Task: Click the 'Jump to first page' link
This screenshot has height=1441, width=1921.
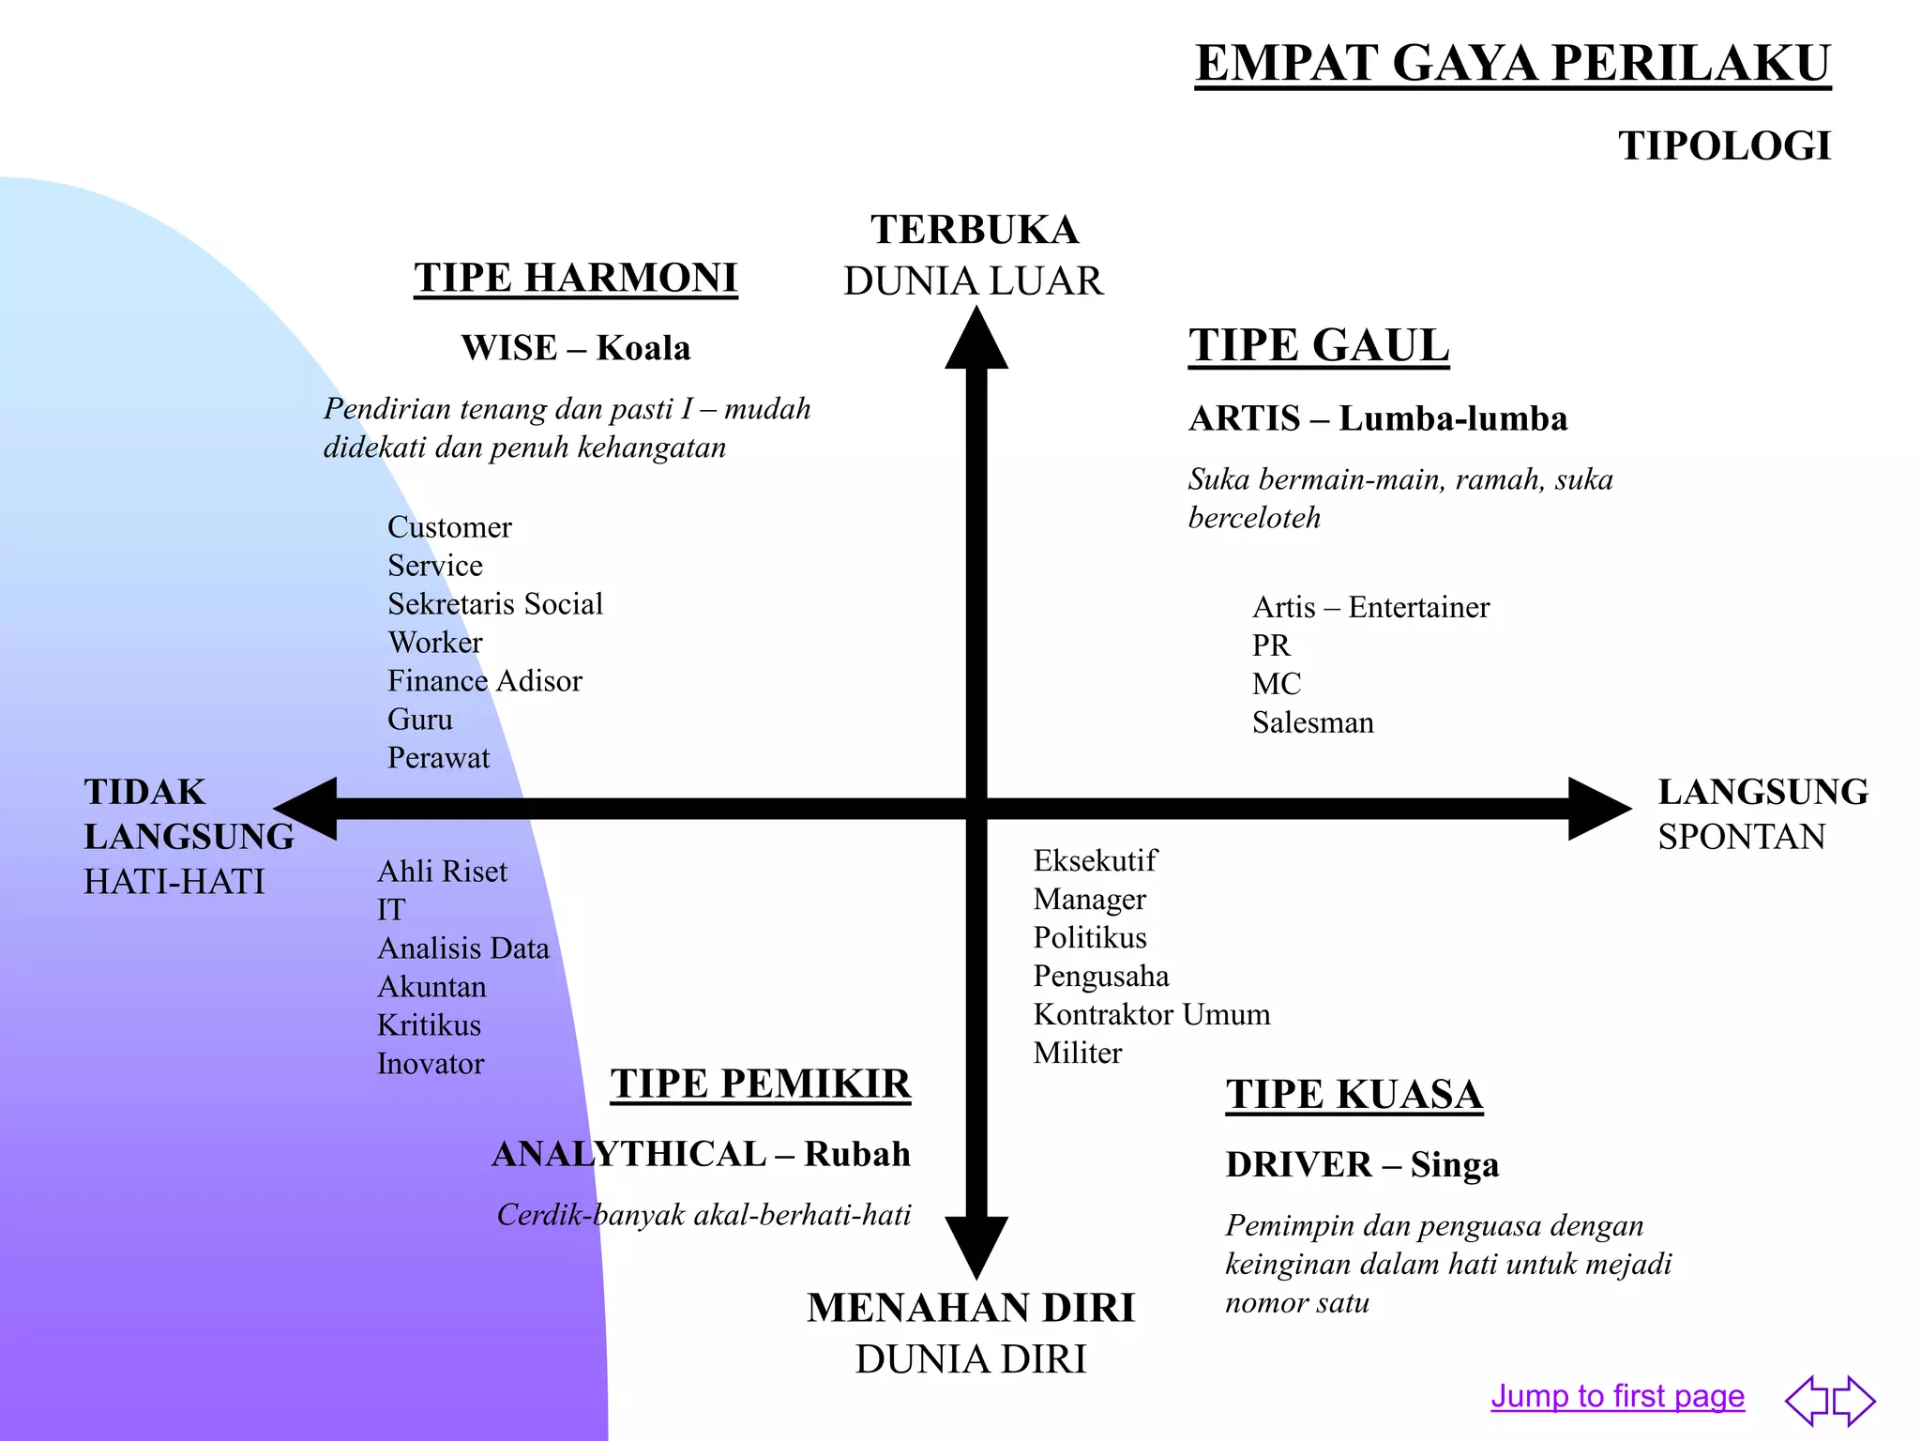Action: (x=1617, y=1396)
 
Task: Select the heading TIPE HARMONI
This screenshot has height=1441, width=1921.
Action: (x=576, y=278)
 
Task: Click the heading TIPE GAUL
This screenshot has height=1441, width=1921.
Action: (x=1319, y=345)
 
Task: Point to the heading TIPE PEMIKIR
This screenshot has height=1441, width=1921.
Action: (x=761, y=1084)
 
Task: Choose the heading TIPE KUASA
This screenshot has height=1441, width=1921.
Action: (x=1354, y=1095)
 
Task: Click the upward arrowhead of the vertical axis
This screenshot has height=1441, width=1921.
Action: (x=976, y=338)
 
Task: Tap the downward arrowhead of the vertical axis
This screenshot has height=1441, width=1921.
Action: (x=976, y=1248)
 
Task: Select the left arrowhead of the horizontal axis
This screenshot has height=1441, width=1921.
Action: (x=305, y=809)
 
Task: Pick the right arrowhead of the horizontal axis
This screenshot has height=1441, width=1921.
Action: (x=1600, y=809)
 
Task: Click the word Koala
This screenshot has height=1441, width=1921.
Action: (x=643, y=348)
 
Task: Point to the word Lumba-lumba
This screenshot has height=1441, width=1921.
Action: (x=1453, y=418)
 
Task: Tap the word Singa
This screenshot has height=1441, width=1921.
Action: (x=1455, y=1165)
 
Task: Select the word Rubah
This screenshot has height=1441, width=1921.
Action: (x=857, y=1154)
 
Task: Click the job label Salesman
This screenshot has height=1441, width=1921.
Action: (x=1313, y=722)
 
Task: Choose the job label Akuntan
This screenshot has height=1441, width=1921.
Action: (x=431, y=987)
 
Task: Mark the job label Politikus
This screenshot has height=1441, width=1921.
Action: (x=1090, y=938)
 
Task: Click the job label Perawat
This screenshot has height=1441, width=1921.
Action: (x=439, y=758)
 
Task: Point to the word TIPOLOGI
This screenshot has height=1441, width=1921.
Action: (x=1724, y=146)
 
